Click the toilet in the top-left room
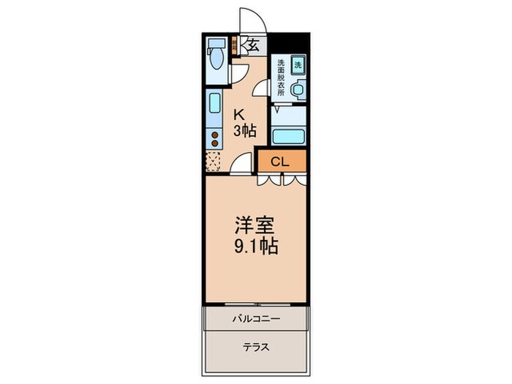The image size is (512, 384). pyautogui.click(x=217, y=58)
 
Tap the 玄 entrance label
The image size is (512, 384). pyautogui.click(x=252, y=45)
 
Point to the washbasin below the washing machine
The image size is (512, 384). pyautogui.click(x=298, y=90)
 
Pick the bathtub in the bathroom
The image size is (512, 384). pyautogui.click(x=287, y=135)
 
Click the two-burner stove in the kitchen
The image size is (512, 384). pyautogui.click(x=215, y=137)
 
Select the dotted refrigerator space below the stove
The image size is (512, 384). pyautogui.click(x=214, y=160)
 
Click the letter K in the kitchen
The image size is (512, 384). pyautogui.click(x=238, y=113)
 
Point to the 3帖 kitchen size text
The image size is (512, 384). pyautogui.click(x=245, y=132)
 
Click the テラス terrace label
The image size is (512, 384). pyautogui.click(x=256, y=347)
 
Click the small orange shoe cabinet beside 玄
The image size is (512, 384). pyautogui.click(x=236, y=45)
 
